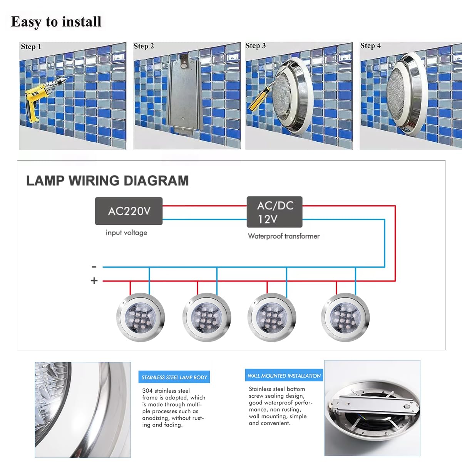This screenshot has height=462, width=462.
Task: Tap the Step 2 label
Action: pos(144,46)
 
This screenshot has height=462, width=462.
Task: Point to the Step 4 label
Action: pos(370,46)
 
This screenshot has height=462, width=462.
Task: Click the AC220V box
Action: pos(129,211)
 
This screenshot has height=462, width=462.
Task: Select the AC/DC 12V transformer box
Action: pos(274,212)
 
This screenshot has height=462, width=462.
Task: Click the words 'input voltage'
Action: pos(126,233)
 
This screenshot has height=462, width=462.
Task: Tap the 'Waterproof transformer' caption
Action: pos(284,236)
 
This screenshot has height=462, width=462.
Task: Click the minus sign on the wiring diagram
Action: pos(94,267)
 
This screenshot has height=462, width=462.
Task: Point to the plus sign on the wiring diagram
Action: pos(94,281)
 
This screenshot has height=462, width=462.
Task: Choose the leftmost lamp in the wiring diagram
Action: pos(141,317)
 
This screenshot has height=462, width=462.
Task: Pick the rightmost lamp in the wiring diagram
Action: pos(345,317)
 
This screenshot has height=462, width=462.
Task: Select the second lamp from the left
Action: pos(207,317)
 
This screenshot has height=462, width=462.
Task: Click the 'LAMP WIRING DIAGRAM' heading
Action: pos(107,181)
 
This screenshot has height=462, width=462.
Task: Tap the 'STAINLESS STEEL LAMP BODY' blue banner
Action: pos(174,377)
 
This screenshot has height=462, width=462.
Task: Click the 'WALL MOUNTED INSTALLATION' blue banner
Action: pos(284,376)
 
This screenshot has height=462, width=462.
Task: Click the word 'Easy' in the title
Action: pos(26,22)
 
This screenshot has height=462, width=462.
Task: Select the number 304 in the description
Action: pos(147,391)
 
